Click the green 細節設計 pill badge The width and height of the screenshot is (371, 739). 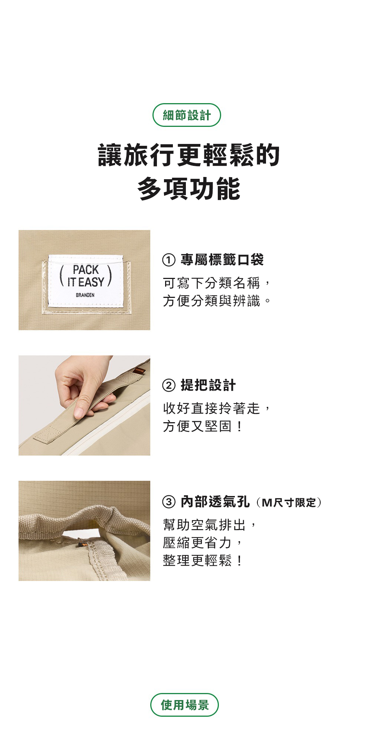tap(187, 115)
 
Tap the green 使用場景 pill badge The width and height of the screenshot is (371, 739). tap(184, 704)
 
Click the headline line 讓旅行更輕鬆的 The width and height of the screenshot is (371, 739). tap(188, 155)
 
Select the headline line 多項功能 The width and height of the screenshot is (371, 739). tap(188, 188)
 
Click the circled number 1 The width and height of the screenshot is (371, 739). tap(168, 260)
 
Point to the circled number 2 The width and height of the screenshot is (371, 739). tap(168, 385)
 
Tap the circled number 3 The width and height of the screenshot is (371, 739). tap(168, 502)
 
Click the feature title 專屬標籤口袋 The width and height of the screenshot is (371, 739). tap(222, 260)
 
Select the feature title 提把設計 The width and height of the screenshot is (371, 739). tap(208, 385)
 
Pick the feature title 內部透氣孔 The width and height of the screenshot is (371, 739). tap(215, 502)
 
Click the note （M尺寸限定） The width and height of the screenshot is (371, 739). tap(289, 503)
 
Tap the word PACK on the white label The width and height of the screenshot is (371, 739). tap(86, 269)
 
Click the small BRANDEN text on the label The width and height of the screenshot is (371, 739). tap(85, 295)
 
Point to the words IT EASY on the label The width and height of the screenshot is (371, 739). tap(85, 282)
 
